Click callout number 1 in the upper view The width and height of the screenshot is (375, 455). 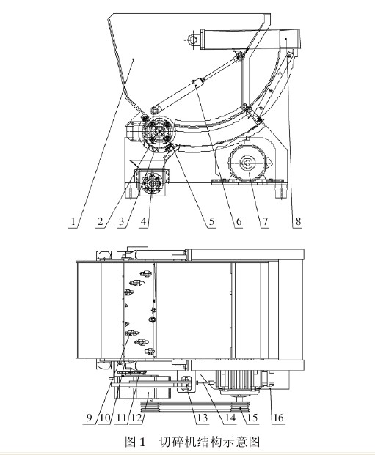[73, 222]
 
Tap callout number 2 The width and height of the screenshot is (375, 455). [101, 222]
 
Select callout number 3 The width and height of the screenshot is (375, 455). [122, 222]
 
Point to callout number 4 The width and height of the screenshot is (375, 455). [144, 222]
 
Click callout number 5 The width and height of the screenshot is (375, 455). [211, 222]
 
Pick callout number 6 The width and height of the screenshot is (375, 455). [239, 222]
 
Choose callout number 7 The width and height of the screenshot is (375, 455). [265, 222]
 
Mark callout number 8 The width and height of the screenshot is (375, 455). [298, 222]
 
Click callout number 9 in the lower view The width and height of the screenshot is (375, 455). [90, 418]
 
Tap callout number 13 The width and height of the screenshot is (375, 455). [202, 418]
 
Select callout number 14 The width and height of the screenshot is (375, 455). [230, 418]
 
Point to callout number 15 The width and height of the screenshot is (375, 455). [252, 418]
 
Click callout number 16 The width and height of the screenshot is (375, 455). [278, 418]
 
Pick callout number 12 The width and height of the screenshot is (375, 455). [136, 418]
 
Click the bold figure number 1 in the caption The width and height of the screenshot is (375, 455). [142, 442]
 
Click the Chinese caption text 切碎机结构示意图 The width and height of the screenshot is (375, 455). [209, 442]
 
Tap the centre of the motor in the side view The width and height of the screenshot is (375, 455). [247, 163]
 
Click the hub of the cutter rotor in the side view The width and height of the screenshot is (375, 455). [158, 132]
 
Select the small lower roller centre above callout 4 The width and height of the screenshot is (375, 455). [151, 183]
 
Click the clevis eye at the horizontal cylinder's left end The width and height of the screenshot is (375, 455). [192, 39]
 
